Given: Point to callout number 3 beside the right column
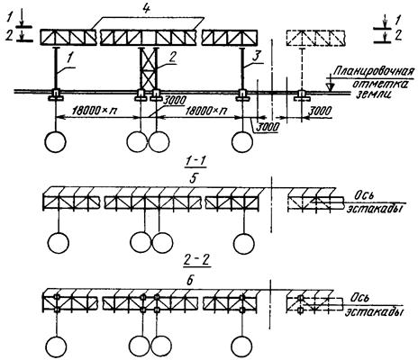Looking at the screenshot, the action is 256,58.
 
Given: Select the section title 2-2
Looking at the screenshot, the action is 195,261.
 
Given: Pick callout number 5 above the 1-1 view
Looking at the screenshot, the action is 193,179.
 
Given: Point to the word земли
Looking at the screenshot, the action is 374,94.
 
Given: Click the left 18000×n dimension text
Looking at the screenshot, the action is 95,111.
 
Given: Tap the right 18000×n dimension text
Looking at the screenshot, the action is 205,111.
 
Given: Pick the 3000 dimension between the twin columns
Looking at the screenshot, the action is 174,101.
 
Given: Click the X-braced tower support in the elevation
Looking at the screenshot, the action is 149,68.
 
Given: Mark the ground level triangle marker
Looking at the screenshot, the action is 331,86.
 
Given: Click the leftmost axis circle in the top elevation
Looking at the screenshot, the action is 55,141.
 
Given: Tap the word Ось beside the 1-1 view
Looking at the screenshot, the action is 364,196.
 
